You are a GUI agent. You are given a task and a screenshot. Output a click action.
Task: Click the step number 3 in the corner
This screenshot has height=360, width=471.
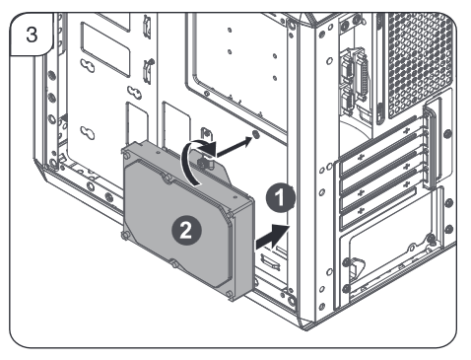[32, 34]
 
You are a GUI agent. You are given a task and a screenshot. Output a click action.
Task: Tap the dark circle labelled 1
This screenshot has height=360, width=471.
[280, 198]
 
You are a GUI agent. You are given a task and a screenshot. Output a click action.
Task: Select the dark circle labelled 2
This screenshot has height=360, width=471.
[186, 230]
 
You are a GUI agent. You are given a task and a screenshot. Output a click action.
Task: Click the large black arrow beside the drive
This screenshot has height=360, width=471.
[272, 236]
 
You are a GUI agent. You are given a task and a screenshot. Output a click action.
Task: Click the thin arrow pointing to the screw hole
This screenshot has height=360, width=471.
[234, 147]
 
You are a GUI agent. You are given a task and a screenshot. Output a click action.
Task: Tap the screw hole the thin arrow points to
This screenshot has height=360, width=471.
[256, 134]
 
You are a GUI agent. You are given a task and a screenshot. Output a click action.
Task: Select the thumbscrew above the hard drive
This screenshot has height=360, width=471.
[205, 162]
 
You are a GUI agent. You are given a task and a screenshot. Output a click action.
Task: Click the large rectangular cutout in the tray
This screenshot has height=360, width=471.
[104, 49]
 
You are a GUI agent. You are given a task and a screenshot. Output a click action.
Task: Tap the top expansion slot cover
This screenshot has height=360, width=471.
[377, 145]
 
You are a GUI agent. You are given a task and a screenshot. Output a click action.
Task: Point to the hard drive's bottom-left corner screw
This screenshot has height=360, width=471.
[125, 235]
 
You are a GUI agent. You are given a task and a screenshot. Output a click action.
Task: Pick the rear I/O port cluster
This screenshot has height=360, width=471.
[355, 82]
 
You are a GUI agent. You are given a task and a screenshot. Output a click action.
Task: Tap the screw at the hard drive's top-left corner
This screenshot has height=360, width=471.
[126, 154]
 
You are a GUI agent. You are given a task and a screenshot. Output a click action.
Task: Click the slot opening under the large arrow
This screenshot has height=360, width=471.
[270, 262]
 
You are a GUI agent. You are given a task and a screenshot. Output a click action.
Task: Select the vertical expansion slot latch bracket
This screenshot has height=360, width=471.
[431, 144]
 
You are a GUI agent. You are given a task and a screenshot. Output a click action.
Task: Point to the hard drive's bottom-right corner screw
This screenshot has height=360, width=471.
[230, 293]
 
